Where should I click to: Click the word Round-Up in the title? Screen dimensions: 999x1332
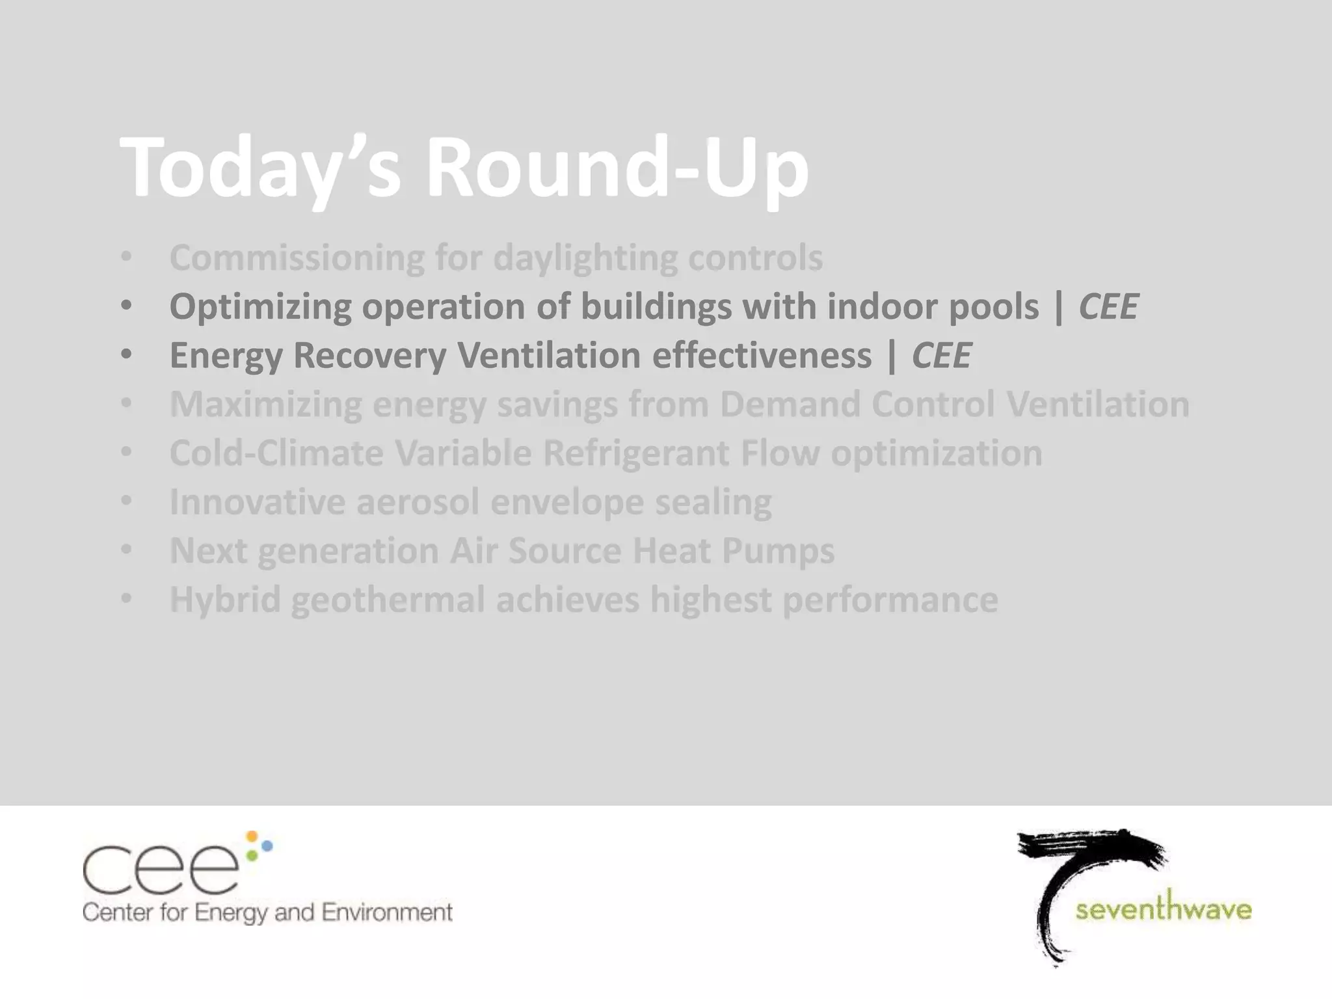[x=617, y=168]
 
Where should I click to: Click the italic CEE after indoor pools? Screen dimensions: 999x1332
[x=1108, y=307]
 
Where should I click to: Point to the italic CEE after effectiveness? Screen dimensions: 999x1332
[x=941, y=356]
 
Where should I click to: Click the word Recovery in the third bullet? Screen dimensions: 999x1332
[x=369, y=356]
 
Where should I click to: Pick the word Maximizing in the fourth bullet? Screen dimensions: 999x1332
[x=265, y=405]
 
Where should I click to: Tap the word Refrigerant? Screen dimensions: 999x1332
[x=635, y=453]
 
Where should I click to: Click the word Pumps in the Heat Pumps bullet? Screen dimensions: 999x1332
[x=778, y=551]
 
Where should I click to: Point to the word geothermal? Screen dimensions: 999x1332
[x=388, y=600]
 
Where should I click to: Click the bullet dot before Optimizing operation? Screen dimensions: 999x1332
[x=126, y=305]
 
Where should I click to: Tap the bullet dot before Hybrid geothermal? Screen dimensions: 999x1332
[x=126, y=598]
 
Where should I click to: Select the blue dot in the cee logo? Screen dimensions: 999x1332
[x=266, y=846]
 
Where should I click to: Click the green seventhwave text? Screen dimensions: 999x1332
[x=1163, y=909]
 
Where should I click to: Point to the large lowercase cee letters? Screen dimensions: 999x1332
[x=160, y=870]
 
